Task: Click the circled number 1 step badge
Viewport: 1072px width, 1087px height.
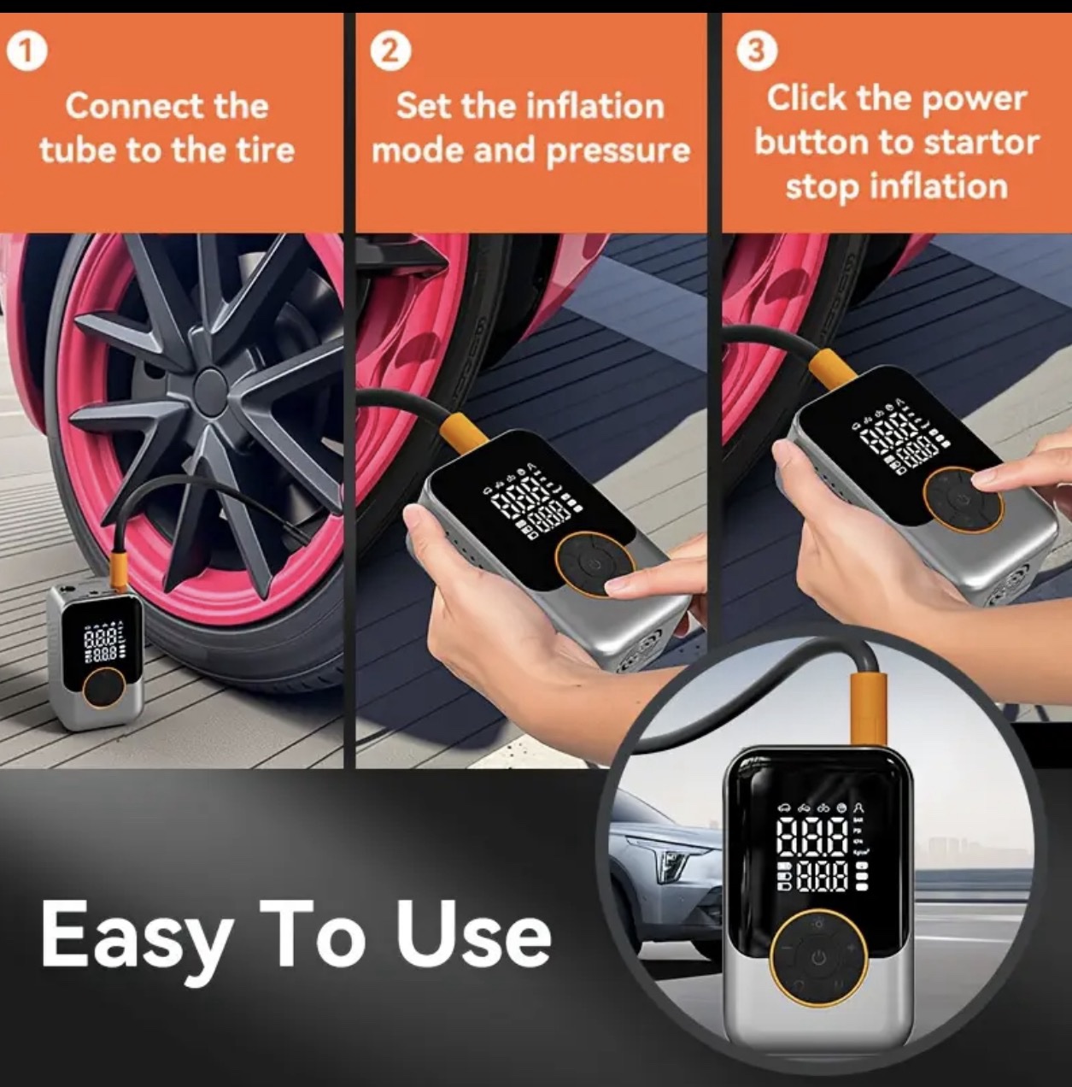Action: tap(26, 54)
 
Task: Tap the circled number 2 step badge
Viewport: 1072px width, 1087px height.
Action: tap(391, 54)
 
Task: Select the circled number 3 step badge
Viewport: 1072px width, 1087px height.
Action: tap(758, 50)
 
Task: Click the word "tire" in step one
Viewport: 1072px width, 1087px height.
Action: tap(267, 150)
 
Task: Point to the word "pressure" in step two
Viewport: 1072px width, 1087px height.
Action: tap(618, 151)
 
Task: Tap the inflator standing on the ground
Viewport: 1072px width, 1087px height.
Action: tap(96, 656)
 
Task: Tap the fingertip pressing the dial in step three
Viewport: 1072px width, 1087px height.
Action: tap(992, 480)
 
